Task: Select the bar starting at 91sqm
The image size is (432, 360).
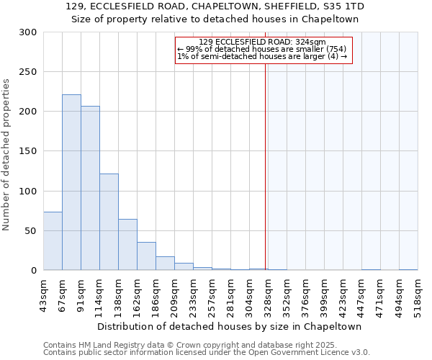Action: tap(90, 188)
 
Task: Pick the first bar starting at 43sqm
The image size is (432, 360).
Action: tap(53, 241)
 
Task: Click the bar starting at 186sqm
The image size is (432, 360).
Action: tap(165, 264)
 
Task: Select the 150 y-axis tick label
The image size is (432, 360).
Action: tap(27, 151)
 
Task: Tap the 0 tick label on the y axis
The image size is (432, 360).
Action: tap(33, 271)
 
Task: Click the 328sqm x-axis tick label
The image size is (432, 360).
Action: tap(268, 293)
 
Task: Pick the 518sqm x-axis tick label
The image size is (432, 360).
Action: tap(418, 293)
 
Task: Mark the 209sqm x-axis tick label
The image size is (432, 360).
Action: tap(174, 293)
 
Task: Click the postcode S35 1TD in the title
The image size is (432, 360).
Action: tap(343, 6)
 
